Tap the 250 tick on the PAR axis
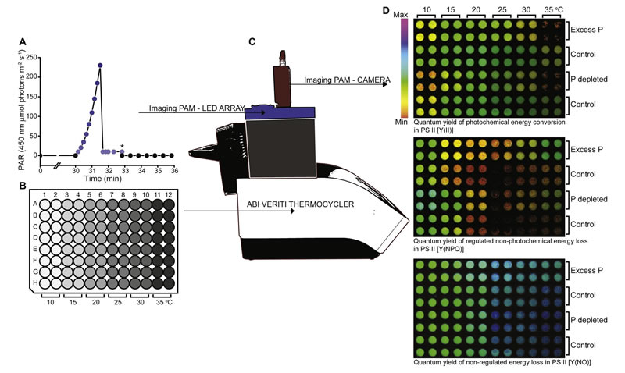point(30,57)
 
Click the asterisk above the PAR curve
point(122,144)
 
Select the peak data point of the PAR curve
point(100,66)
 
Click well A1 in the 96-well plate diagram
point(46,204)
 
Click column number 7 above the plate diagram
point(113,194)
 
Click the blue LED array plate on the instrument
point(280,114)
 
